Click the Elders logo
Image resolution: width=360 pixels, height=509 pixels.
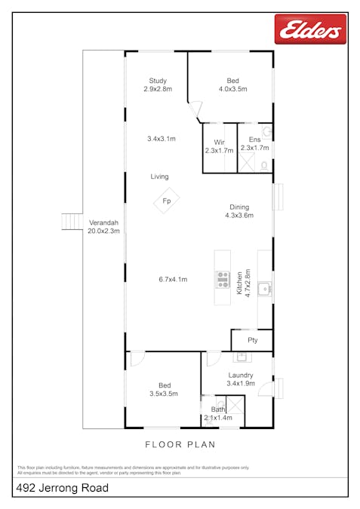[x=310, y=30]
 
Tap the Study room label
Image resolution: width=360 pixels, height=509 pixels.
[x=158, y=81]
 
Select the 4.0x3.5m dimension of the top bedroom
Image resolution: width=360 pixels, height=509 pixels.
[x=232, y=90]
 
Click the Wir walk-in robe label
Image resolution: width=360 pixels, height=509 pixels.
[x=219, y=142]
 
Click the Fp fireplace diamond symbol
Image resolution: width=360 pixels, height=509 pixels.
[x=167, y=201]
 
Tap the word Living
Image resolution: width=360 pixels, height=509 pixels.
[x=159, y=176]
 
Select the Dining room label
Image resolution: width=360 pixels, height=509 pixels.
[x=240, y=207]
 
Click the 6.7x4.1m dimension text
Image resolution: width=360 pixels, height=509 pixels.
[x=173, y=280]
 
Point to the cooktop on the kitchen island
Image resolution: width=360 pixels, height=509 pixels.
[x=223, y=280]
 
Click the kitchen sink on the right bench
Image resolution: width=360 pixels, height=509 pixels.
[x=264, y=287]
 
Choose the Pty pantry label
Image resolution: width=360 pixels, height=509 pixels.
[x=252, y=340]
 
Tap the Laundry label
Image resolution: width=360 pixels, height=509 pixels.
[x=241, y=375]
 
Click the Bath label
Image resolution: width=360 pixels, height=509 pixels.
[x=217, y=409]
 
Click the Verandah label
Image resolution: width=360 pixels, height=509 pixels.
[x=103, y=223]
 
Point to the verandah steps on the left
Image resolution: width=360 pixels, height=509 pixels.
[x=72, y=221]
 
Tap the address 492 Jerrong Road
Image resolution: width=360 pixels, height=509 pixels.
[x=63, y=489]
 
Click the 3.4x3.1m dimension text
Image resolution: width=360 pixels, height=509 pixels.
[x=161, y=139]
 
